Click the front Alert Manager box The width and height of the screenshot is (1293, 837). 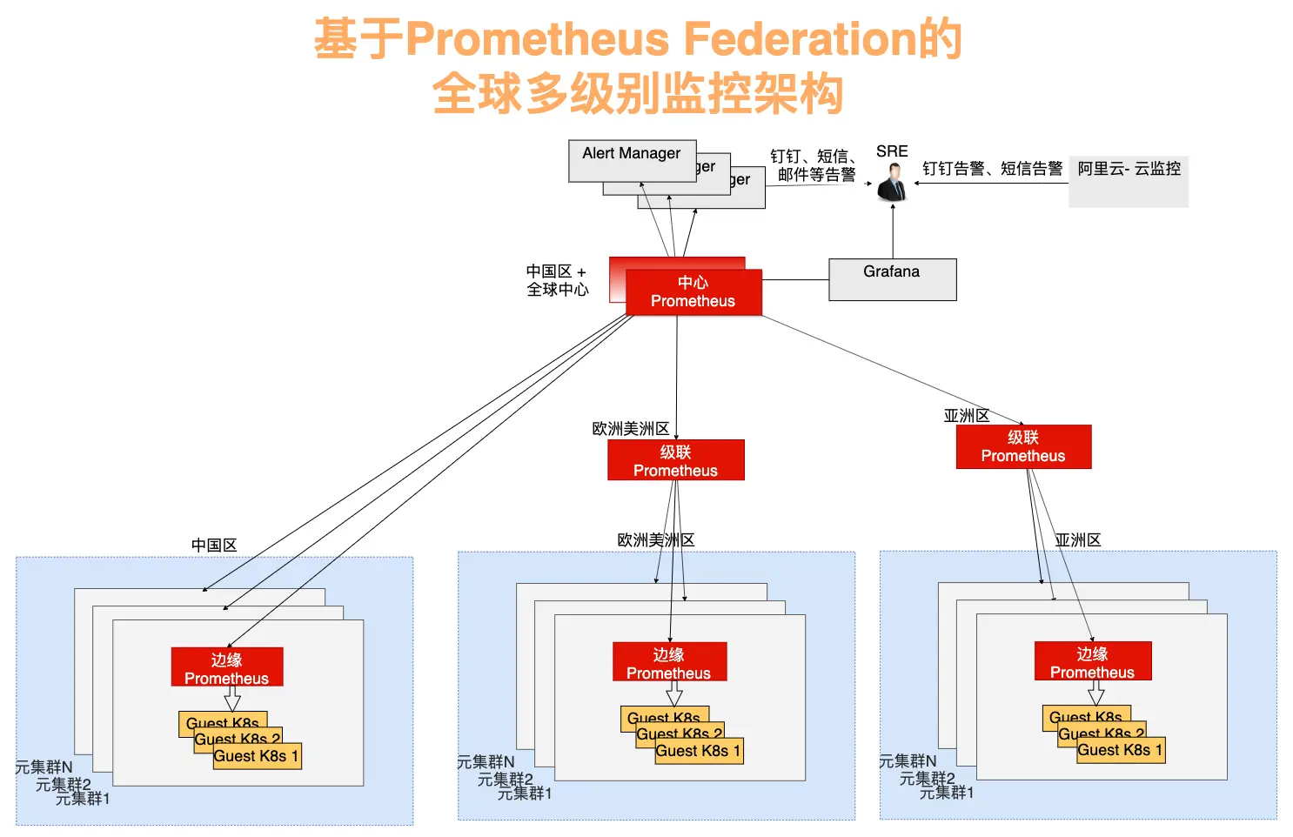(x=632, y=160)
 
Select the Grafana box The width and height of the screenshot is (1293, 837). (x=892, y=279)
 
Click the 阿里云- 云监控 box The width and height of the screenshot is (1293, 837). (x=1128, y=181)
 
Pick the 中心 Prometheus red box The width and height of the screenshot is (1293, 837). (x=693, y=292)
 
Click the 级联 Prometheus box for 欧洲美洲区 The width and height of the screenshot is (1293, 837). (x=676, y=460)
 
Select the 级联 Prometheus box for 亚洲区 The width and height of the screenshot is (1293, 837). (x=1023, y=446)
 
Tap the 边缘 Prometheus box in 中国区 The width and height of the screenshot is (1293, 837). (x=227, y=667)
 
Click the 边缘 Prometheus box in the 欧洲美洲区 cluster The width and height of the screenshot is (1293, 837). (x=669, y=662)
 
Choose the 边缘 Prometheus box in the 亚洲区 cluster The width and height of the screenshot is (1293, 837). (x=1093, y=661)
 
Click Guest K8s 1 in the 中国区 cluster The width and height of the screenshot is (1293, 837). (x=257, y=756)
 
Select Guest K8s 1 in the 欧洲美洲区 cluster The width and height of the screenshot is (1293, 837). (x=699, y=751)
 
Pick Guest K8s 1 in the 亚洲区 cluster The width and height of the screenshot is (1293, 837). (x=1120, y=750)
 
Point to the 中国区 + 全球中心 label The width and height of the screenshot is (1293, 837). (x=557, y=280)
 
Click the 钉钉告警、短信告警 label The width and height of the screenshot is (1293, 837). (x=992, y=169)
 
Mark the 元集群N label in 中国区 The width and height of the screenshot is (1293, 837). (x=44, y=767)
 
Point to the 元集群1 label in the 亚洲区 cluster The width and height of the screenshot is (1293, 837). (x=947, y=793)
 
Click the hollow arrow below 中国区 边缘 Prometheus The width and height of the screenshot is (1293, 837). (x=232, y=699)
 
